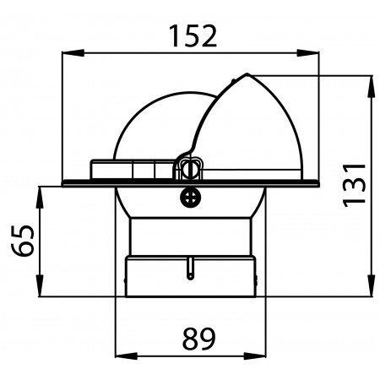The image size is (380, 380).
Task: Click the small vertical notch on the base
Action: tap(191, 269)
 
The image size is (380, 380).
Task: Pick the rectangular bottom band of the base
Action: tap(191, 279)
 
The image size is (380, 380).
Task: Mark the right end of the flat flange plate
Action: tap(316, 181)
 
